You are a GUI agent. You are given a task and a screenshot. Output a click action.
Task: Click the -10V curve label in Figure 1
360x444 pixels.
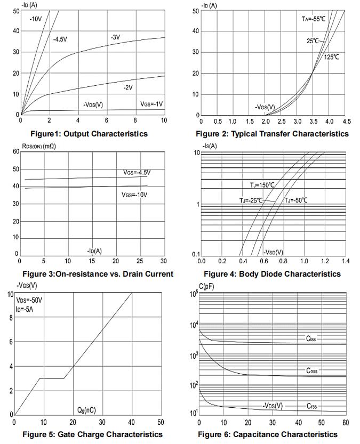click(x=36, y=19)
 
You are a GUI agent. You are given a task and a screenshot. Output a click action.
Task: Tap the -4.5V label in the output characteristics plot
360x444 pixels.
click(x=60, y=39)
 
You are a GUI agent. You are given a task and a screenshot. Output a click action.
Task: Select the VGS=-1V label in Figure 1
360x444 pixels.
click(x=151, y=103)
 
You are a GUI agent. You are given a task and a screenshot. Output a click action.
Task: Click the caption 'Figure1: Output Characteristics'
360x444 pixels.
click(x=89, y=134)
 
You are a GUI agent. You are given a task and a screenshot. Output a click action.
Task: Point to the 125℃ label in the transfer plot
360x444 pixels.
click(x=331, y=56)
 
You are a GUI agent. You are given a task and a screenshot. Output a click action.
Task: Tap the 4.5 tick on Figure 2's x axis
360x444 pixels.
click(x=347, y=122)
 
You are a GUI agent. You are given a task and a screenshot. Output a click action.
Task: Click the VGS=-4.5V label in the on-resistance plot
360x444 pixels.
click(x=137, y=172)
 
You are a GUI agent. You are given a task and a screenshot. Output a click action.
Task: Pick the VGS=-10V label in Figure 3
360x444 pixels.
click(x=134, y=195)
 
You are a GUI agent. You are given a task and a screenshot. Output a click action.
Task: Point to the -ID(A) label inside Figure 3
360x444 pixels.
click(x=94, y=251)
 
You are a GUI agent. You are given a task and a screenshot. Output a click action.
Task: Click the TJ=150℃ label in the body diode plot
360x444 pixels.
click(x=263, y=185)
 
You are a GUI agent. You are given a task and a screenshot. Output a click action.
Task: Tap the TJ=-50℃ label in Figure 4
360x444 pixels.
click(x=296, y=200)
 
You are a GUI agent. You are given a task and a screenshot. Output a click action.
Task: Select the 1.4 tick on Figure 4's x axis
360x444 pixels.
click(x=345, y=262)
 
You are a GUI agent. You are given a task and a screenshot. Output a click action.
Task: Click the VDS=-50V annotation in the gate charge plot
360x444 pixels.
click(x=29, y=300)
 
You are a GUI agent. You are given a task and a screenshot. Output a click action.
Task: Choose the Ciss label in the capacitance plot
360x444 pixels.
click(x=311, y=338)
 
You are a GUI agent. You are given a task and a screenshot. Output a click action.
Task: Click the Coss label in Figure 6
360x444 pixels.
click(x=312, y=370)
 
